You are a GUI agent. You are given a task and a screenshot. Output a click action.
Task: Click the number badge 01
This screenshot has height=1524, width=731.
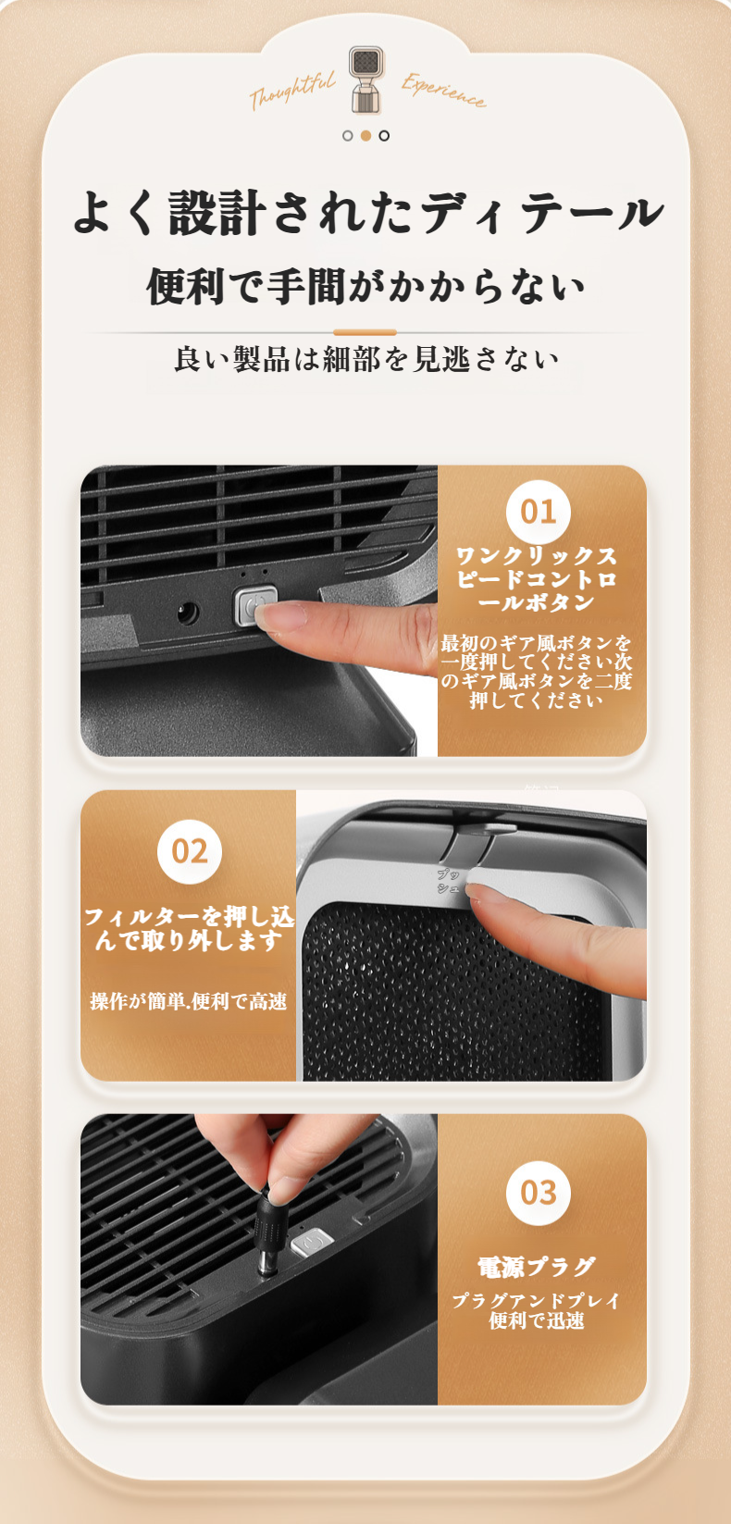click(x=538, y=512)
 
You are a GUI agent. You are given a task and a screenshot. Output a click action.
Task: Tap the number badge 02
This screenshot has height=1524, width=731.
click(x=189, y=851)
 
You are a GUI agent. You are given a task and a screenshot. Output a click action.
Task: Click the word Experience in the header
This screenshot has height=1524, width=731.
click(x=444, y=91)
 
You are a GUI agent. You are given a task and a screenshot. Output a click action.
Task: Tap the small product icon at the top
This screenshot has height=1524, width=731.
click(x=366, y=80)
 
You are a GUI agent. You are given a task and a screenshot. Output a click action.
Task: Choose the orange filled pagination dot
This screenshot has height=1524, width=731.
click(x=365, y=135)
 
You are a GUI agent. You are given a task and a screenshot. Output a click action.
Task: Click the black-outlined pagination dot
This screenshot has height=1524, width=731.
click(x=384, y=135)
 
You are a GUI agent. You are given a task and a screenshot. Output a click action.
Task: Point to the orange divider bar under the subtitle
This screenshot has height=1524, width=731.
click(x=365, y=332)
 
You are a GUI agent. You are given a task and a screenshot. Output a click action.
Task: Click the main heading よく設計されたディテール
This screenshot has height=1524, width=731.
click(x=367, y=212)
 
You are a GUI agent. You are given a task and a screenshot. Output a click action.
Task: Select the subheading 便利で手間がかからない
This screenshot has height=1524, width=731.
click(x=365, y=286)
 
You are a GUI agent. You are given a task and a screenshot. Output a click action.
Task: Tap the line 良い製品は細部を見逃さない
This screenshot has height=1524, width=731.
click(x=365, y=358)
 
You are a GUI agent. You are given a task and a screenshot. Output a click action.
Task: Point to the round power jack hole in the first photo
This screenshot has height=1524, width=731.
click(x=187, y=613)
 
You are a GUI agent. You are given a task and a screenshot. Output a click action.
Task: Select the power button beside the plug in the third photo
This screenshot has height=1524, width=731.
click(x=312, y=1244)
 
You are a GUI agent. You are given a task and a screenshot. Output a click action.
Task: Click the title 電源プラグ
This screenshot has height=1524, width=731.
click(x=537, y=1267)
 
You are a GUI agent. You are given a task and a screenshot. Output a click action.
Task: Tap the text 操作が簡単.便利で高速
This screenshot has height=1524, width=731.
click(x=189, y=1001)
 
